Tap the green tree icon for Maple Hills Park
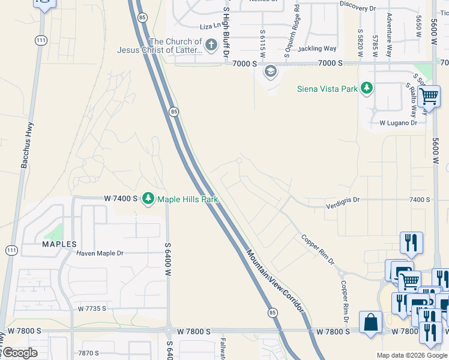pos(148,199)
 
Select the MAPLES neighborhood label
pos(59,244)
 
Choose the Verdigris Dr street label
pos(342,199)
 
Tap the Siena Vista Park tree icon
pos(366,89)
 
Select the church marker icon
pos(211,45)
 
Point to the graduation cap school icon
pos(270,71)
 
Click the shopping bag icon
pos(370,322)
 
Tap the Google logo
pos(19,353)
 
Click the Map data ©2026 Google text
pos(411,355)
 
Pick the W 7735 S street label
pos(92,308)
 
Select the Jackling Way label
pos(317,49)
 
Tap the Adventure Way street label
pos(390,34)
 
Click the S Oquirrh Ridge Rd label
pos(297,30)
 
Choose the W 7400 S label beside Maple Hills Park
pos(121,198)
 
